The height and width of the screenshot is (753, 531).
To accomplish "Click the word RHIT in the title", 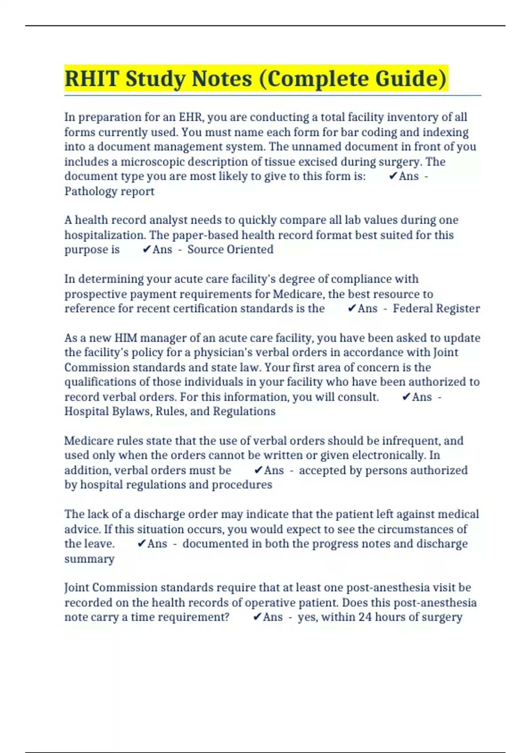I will (92, 79).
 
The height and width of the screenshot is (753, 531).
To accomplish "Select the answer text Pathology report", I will (109, 191).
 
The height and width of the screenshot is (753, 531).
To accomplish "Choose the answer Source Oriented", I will (230, 249).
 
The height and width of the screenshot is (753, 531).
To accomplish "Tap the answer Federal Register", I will (436, 308).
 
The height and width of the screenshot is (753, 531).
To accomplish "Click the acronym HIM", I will (126, 338).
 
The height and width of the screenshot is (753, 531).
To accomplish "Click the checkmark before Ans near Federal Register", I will (352, 308).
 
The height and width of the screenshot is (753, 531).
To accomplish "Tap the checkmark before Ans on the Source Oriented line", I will (147, 249).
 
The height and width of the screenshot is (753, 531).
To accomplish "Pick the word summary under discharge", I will (89, 559).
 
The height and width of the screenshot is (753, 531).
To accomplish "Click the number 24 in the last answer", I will (365, 617).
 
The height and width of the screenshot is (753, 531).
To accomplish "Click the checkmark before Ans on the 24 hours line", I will (257, 617).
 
